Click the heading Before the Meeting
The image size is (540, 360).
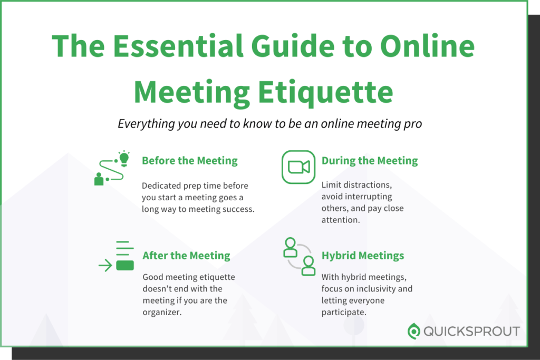coord(190,161)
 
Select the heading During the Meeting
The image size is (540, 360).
coord(370,161)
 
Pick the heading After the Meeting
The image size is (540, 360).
coord(186,256)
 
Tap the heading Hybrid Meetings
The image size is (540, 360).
coord(363,256)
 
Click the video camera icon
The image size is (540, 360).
coord(298,167)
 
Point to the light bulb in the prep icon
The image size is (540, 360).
coord(124,157)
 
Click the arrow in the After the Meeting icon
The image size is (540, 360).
coord(105,265)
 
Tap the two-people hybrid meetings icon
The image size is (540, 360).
coord(299,256)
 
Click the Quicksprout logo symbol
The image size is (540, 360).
coord(414,332)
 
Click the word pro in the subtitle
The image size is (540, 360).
coord(413,125)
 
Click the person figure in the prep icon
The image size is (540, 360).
coord(99,179)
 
